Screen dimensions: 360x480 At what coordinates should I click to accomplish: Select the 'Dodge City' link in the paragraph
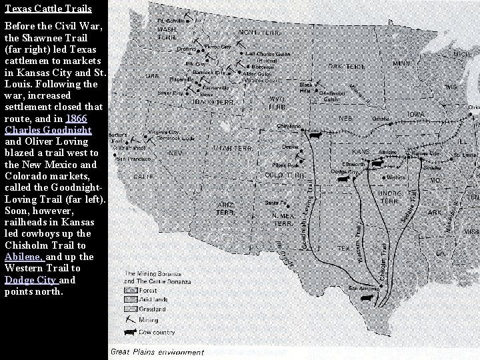(x=32, y=280)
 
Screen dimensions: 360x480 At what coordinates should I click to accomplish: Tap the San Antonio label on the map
(x=363, y=289)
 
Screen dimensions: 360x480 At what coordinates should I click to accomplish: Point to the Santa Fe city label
(x=275, y=203)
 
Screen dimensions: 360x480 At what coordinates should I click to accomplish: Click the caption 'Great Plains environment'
(x=157, y=352)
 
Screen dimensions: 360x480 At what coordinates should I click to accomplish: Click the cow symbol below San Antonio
(x=366, y=300)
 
